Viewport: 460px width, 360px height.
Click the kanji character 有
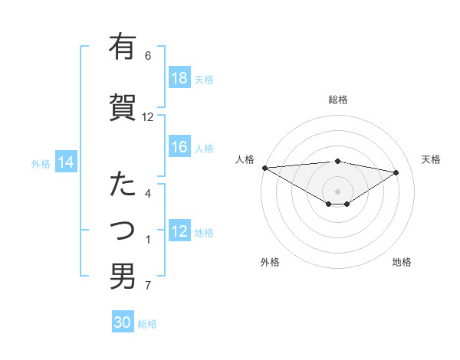122,47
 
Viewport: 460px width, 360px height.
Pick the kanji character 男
122,277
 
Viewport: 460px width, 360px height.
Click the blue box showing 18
179,79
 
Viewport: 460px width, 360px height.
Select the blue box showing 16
179,148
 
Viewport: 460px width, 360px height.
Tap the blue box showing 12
179,232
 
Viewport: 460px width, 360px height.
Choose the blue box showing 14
65,163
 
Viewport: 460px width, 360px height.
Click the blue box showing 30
123,323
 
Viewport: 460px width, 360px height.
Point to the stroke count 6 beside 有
148,56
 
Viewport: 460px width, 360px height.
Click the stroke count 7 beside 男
148,286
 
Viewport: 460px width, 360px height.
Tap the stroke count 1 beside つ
148,241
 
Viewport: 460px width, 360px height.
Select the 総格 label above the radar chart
337,100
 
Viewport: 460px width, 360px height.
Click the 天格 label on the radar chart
431,159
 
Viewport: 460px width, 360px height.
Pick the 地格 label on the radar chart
402,262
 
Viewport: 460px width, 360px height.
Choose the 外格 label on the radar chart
270,262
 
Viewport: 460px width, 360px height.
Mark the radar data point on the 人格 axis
264,168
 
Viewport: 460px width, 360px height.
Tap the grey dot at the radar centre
337,191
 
